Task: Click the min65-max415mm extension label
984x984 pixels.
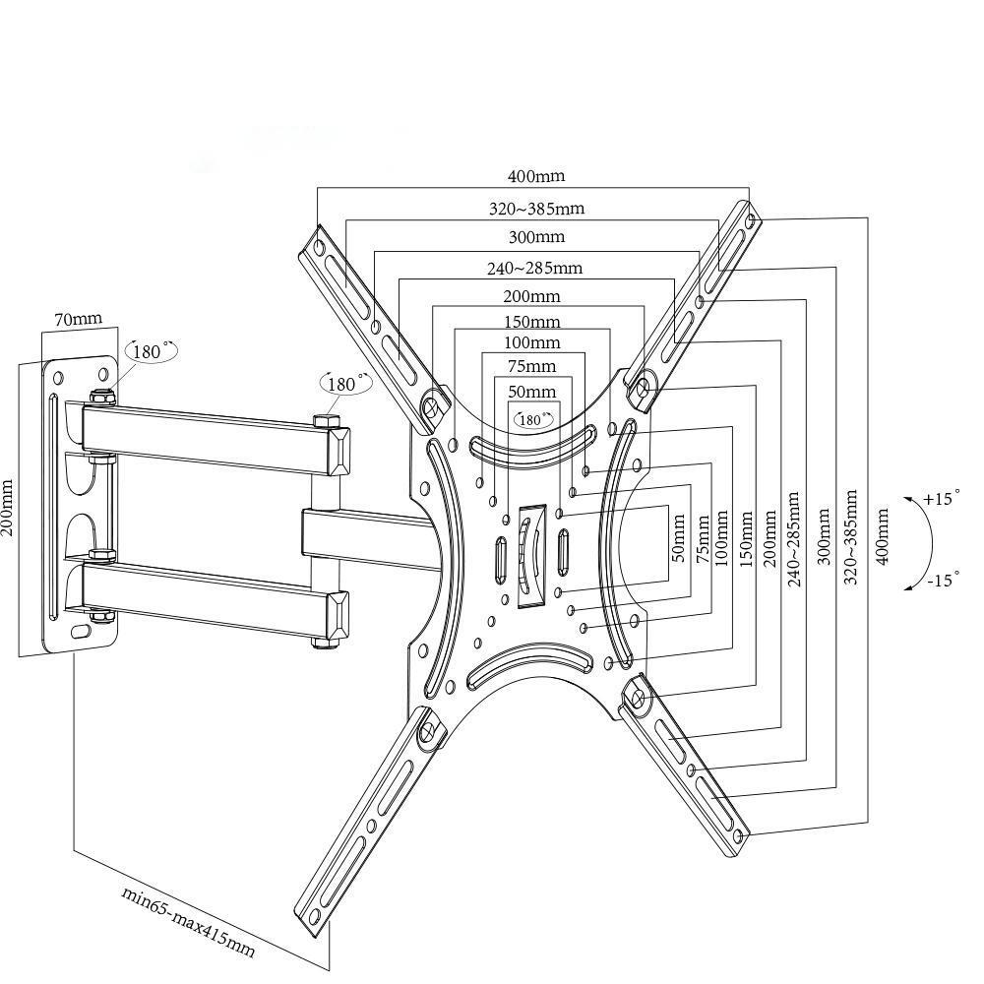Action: coord(188,922)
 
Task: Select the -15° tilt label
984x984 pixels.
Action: coord(942,581)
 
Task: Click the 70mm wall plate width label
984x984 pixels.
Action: coord(78,319)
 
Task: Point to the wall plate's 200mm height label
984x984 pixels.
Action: coord(9,508)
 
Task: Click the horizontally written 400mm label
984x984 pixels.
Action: coord(536,177)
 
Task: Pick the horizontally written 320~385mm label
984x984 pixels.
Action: coord(536,209)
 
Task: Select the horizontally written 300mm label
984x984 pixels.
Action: coord(536,237)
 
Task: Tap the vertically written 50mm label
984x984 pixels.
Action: coord(677,536)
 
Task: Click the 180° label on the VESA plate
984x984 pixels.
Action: coord(533,419)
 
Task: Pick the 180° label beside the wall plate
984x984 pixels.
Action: coord(150,351)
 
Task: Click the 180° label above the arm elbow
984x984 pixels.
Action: coord(345,384)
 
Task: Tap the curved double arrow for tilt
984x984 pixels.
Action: coord(922,539)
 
